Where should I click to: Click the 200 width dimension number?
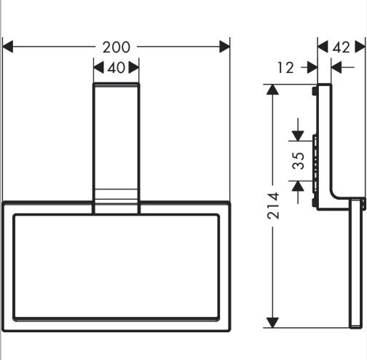pos(117,47)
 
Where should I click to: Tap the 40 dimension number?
pos(117,68)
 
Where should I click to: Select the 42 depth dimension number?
pos(341,47)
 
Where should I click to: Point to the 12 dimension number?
pos(285,68)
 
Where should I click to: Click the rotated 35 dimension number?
pos(299,160)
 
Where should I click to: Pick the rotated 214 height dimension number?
pos(273,206)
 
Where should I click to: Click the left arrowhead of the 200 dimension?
pos(7,47)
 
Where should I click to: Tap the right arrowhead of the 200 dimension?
pos(224,47)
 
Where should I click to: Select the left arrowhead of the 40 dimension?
pos(98,67)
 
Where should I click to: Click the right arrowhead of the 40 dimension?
pos(134,67)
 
